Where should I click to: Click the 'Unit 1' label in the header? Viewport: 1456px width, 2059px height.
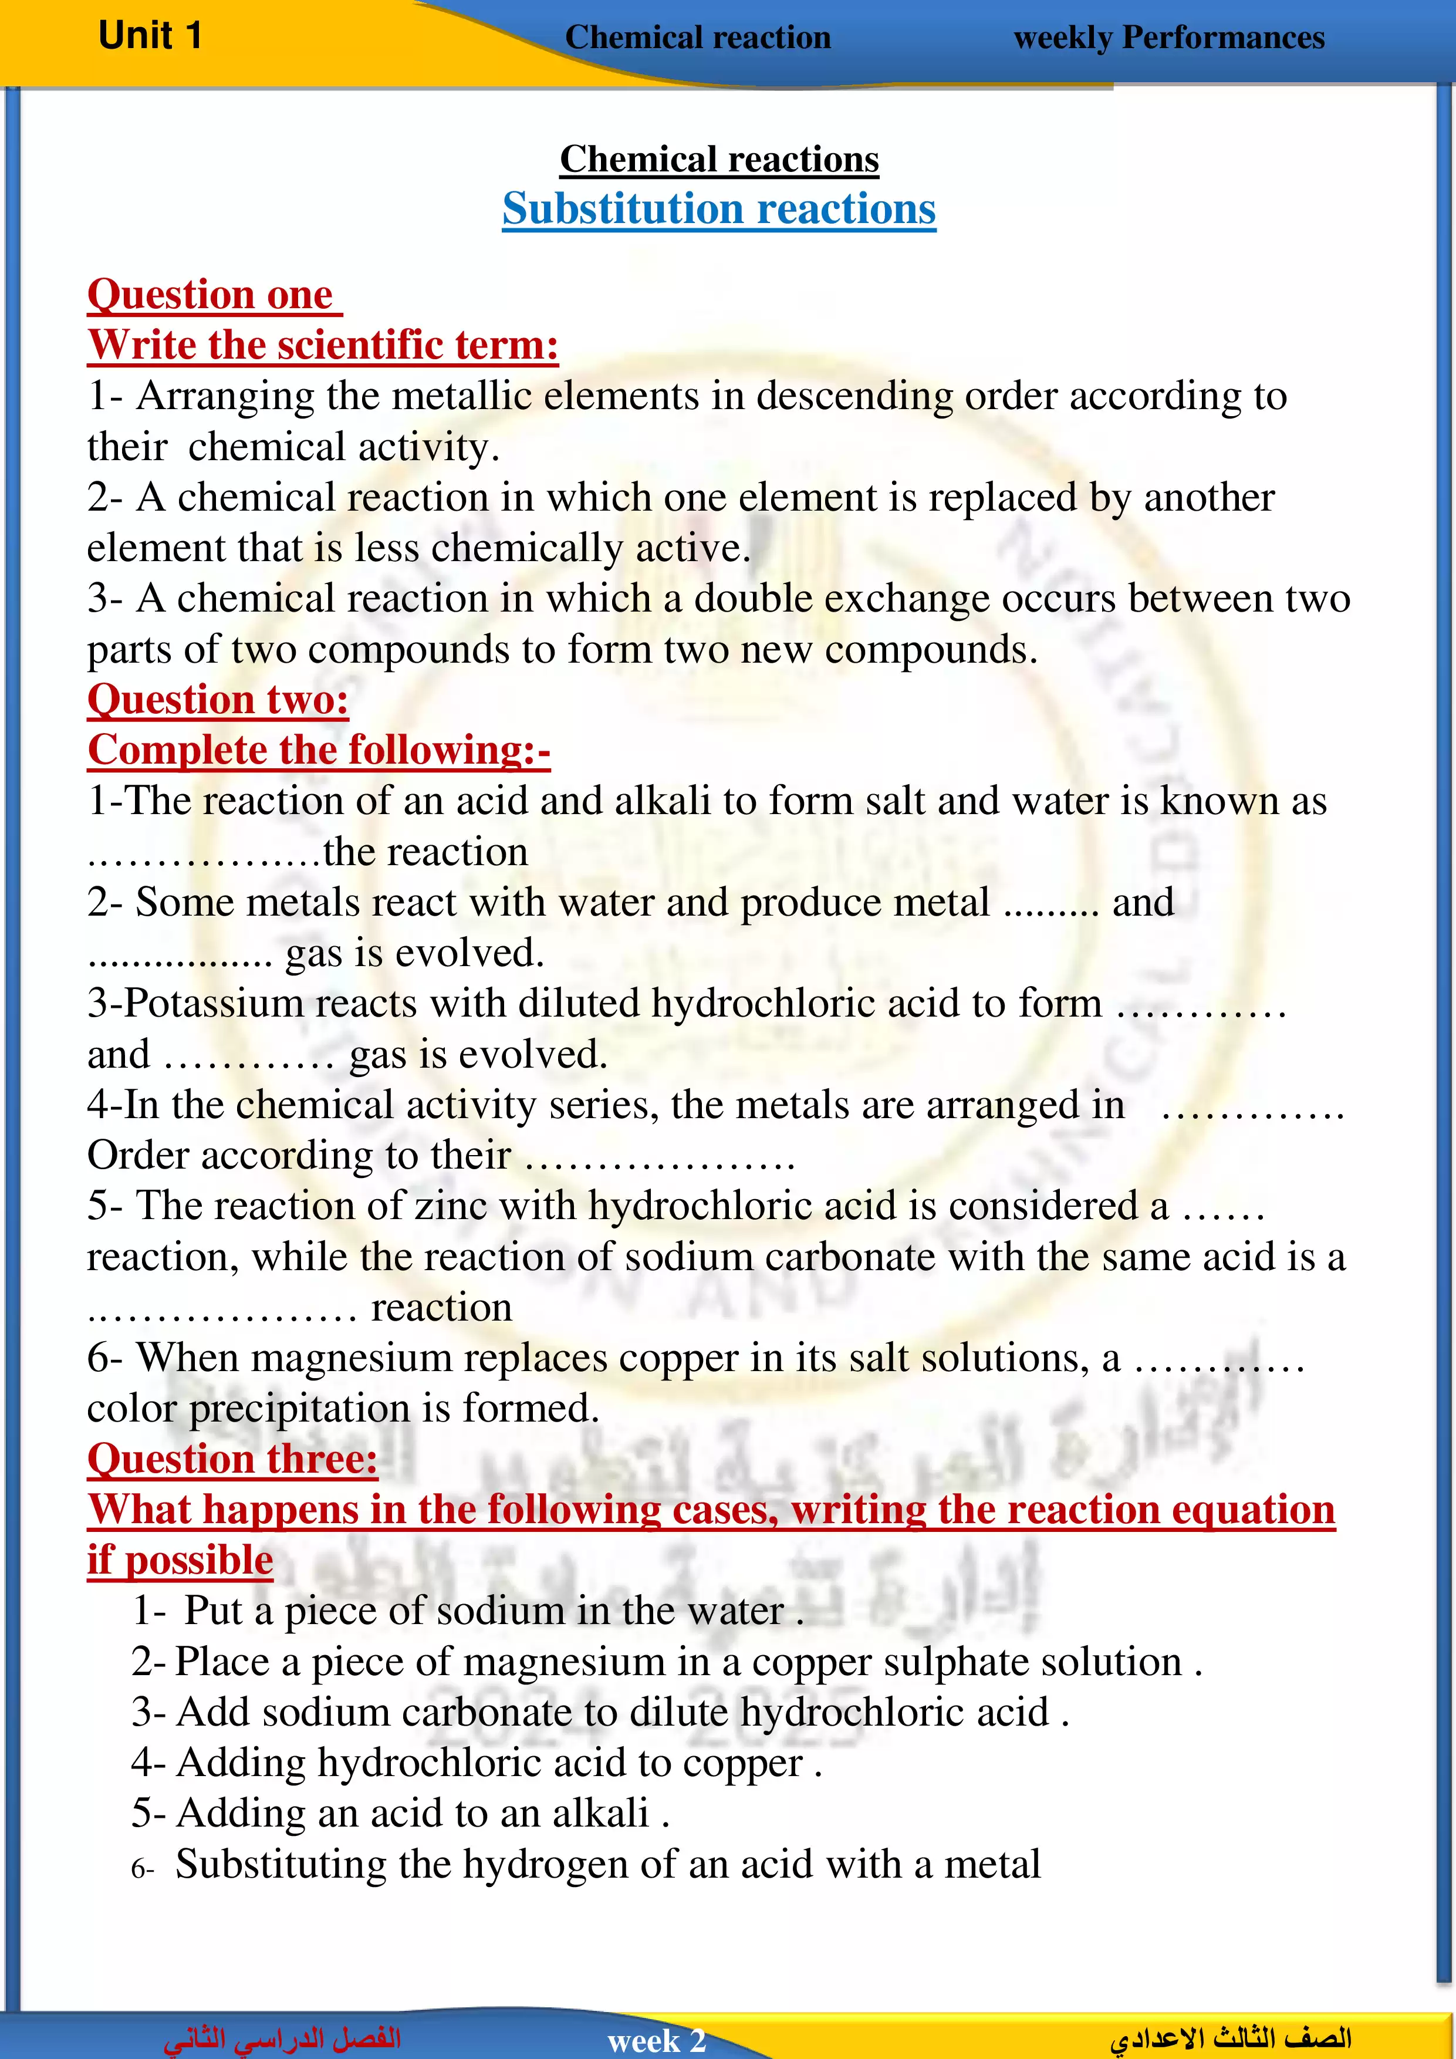click(150, 36)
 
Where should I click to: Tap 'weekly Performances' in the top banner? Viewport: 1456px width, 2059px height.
click(1168, 38)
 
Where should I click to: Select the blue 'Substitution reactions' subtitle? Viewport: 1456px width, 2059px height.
click(718, 209)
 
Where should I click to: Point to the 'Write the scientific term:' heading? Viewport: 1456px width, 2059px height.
click(323, 345)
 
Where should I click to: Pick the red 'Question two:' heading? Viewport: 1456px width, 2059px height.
click(218, 700)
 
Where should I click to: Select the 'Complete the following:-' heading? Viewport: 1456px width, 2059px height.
click(318, 750)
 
